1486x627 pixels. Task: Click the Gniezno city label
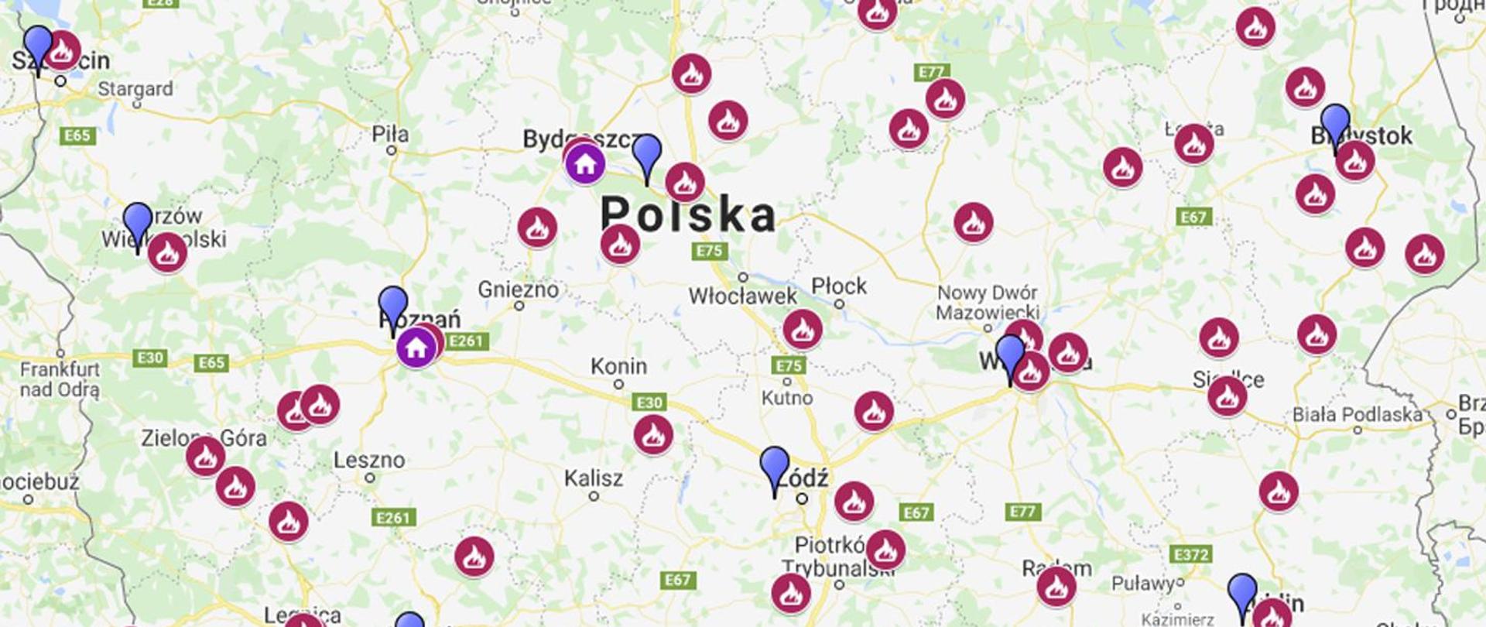pyautogui.click(x=518, y=290)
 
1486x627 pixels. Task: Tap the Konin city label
pyautogui.click(x=618, y=366)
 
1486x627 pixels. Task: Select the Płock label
pyautogui.click(x=839, y=286)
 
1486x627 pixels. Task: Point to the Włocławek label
pyautogui.click(x=742, y=296)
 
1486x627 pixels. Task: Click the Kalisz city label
pyautogui.click(x=593, y=478)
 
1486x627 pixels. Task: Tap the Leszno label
pyautogui.click(x=369, y=460)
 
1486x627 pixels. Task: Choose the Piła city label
pyautogui.click(x=390, y=134)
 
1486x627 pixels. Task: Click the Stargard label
pyautogui.click(x=135, y=89)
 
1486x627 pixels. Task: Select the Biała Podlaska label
pyautogui.click(x=1357, y=415)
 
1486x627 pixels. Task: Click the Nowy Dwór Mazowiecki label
pyautogui.click(x=987, y=303)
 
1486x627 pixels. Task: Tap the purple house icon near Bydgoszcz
pyautogui.click(x=585, y=164)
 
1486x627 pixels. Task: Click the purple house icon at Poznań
pyautogui.click(x=416, y=348)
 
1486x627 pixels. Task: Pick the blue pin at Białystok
pyautogui.click(x=1335, y=123)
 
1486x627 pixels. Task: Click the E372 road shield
pyautogui.click(x=1191, y=555)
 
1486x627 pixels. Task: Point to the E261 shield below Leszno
pyautogui.click(x=394, y=517)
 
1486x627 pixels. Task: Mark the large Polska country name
pyautogui.click(x=688, y=214)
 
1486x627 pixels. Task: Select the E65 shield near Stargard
pyautogui.click(x=77, y=135)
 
